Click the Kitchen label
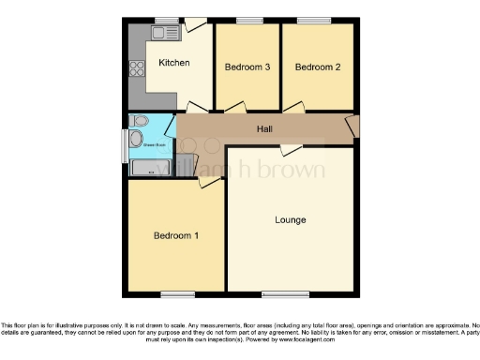click(173, 64)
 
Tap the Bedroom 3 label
click(247, 67)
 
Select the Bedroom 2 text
click(317, 67)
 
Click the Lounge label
click(290, 219)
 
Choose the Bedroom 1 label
click(176, 235)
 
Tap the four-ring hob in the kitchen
click(137, 67)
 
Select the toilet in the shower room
click(140, 121)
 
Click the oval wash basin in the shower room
click(137, 141)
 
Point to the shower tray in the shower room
click(150, 169)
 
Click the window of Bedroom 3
click(248, 20)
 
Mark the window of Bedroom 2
click(310, 20)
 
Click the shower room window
click(126, 145)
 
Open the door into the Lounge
click(292, 149)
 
